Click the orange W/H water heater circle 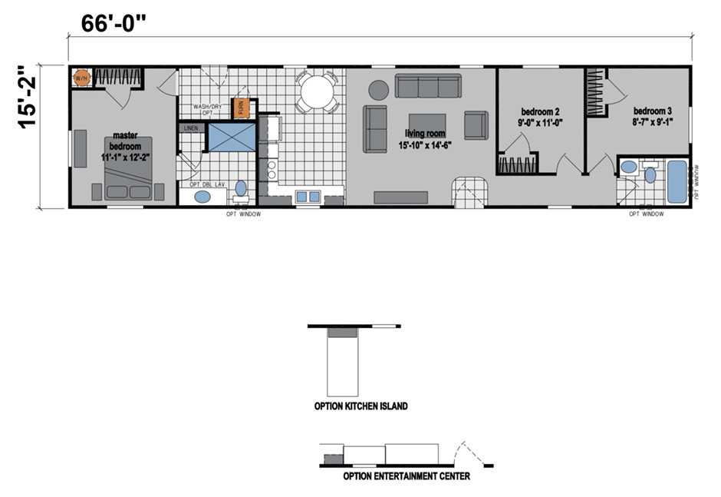tap(82, 78)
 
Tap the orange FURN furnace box tap(242, 108)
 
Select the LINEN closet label tap(190, 128)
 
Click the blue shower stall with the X tap(231, 140)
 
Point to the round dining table tap(317, 93)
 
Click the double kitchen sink tap(308, 197)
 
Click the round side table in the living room tap(379, 90)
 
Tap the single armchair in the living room tap(476, 124)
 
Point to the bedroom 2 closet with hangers tap(515, 164)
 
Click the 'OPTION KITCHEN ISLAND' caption tap(360, 406)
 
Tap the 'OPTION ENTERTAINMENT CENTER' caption tap(407, 476)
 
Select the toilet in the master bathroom tap(241, 188)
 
